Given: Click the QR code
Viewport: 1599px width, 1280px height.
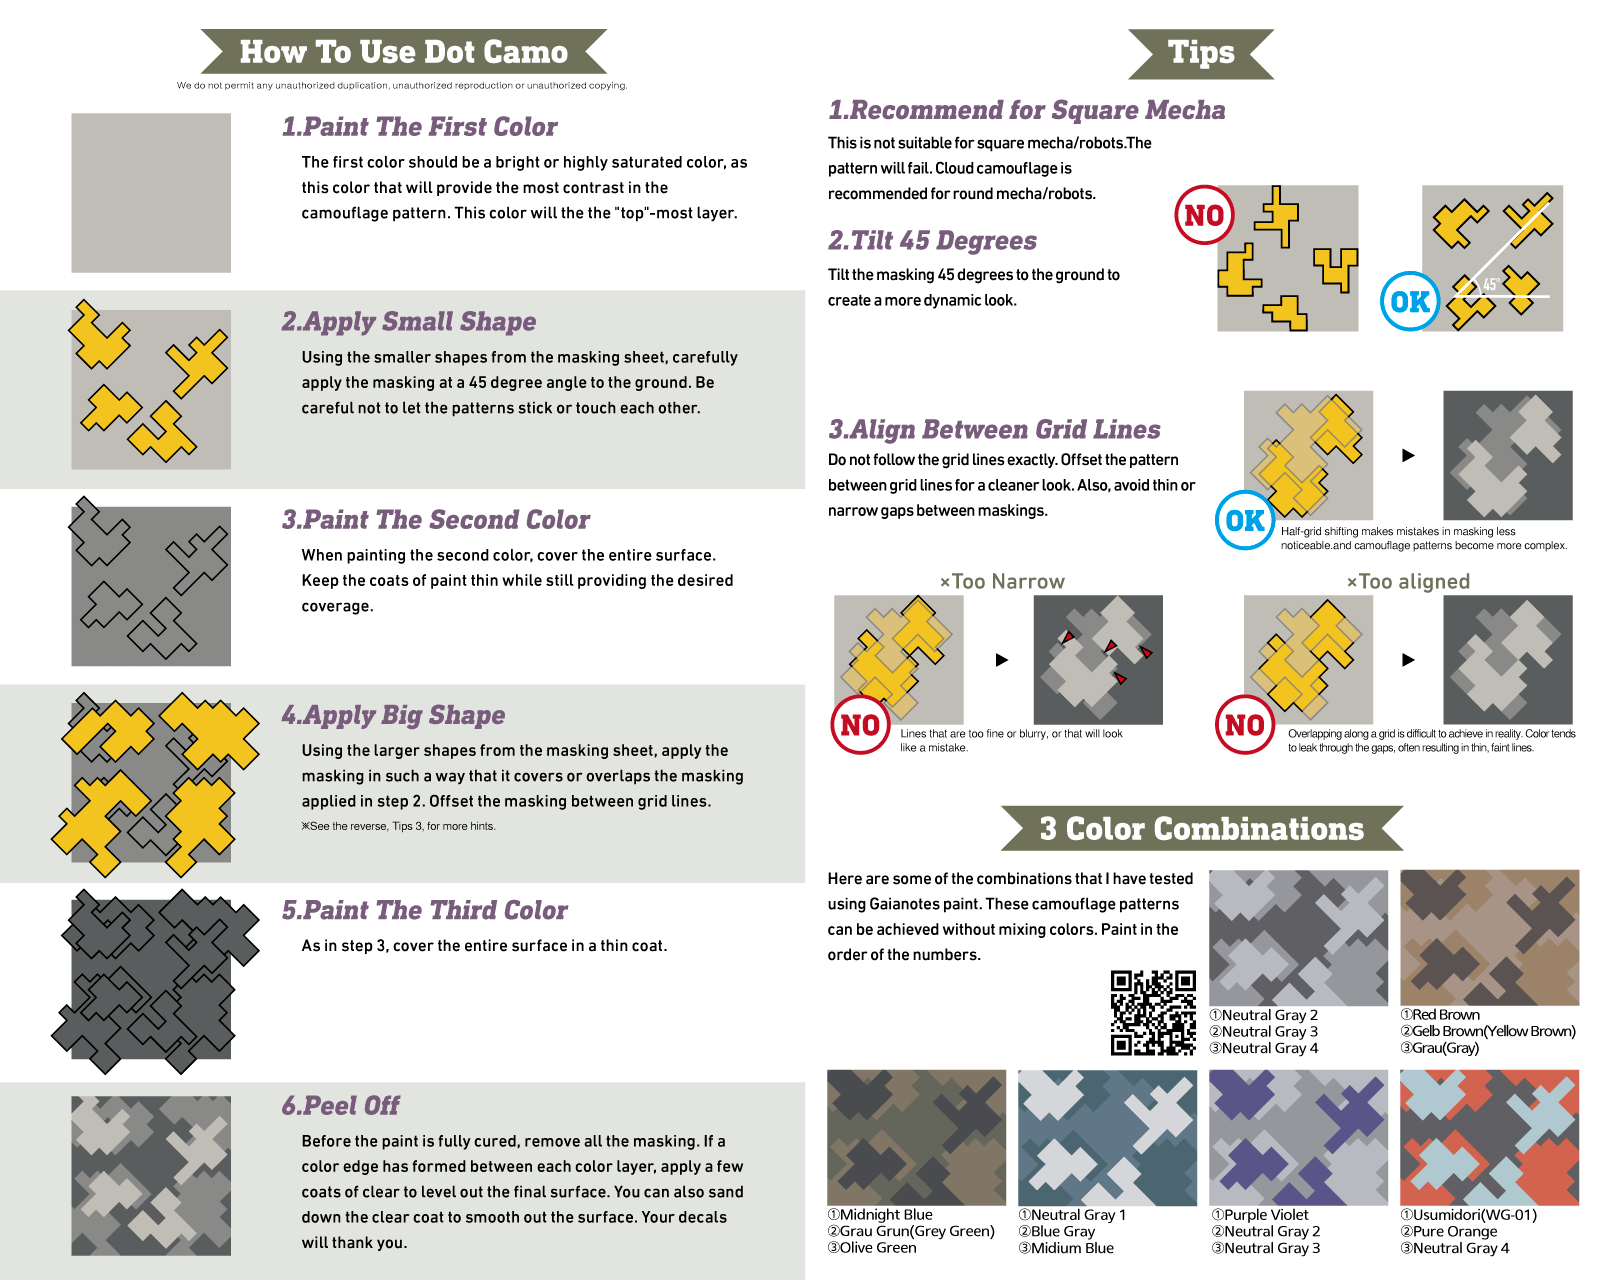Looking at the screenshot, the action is [1152, 1012].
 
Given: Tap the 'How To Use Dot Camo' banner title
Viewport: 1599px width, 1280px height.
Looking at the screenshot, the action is [403, 52].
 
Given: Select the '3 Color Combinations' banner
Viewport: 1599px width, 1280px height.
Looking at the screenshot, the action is [1201, 828].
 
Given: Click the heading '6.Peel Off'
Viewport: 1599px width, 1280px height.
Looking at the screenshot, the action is [340, 1105].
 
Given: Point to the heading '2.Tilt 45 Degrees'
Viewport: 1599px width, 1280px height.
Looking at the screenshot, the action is [932, 240].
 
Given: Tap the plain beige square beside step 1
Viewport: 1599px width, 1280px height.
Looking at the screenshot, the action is [151, 193].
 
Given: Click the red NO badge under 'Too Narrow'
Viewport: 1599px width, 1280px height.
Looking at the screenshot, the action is [860, 725].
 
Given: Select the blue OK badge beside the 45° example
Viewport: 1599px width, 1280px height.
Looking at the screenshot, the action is [1410, 302].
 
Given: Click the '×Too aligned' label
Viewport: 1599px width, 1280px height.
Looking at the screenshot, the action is [1408, 581].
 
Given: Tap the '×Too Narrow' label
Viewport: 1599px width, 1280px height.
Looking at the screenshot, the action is [1002, 581].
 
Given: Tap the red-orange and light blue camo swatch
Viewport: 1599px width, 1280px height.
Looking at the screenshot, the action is [1489, 1137].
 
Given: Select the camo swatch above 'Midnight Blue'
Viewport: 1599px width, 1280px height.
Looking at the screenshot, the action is [916, 1137].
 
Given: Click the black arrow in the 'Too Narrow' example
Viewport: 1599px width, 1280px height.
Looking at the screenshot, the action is [1002, 659].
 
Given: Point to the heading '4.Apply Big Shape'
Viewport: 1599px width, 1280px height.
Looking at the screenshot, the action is [393, 714].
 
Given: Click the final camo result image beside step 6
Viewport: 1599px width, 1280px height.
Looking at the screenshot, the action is [151, 1175].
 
